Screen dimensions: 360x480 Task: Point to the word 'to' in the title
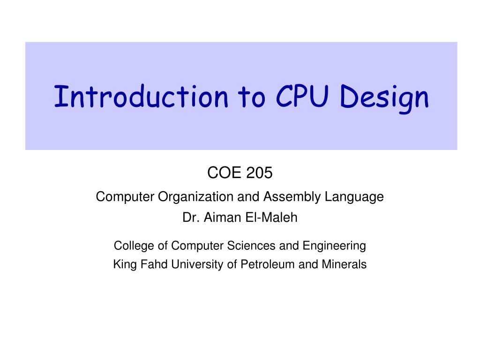pyautogui.click(x=251, y=97)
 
